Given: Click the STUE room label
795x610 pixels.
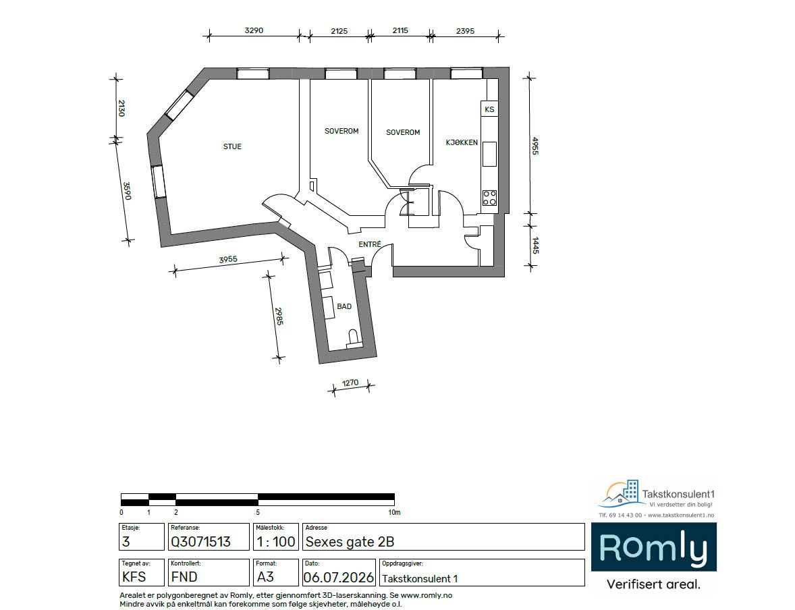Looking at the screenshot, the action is click(232, 146).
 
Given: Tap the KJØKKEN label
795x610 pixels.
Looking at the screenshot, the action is click(462, 142).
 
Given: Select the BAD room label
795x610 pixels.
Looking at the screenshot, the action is click(344, 306).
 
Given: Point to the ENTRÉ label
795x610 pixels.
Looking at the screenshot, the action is click(370, 244).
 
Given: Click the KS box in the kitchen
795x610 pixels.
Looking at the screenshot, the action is click(489, 109).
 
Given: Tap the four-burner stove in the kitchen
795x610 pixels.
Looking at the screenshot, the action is click(489, 198).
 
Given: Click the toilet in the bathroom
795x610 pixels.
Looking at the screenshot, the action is click(353, 338).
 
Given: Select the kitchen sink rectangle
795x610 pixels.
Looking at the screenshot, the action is click(489, 154).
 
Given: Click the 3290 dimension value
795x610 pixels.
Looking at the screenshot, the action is click(254, 30).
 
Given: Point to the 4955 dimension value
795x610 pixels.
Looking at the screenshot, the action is click(534, 146).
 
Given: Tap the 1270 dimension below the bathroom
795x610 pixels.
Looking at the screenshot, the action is click(350, 383).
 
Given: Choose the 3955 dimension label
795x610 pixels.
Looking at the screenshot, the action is click(228, 260).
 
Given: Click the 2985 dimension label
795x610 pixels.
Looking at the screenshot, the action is click(279, 316).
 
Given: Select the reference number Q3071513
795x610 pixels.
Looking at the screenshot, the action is click(201, 542).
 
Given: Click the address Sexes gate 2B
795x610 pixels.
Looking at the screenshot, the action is click(350, 542).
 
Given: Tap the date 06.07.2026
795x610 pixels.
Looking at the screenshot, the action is click(339, 578).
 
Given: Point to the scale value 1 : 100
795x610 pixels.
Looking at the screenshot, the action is click(276, 542).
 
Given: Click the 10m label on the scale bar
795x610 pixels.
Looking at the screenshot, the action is click(394, 513).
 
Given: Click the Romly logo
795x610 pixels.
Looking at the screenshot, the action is click(653, 548).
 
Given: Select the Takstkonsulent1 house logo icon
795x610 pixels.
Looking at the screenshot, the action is click(620, 494).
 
